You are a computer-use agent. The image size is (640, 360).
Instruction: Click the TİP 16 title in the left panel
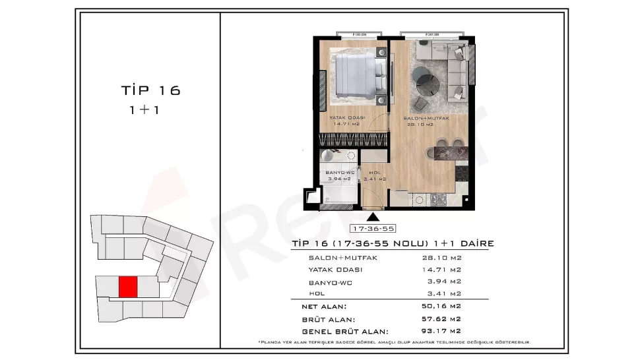(150, 90)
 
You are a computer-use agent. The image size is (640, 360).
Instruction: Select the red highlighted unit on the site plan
(128, 287)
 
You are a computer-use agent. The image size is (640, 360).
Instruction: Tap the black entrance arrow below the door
(373, 216)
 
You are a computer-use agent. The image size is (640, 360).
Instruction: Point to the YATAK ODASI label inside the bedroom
(348, 117)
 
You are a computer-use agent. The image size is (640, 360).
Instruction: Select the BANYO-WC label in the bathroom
(340, 173)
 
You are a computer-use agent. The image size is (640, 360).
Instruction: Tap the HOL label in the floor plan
(373, 173)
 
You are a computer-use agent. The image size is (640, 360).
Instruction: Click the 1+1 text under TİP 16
(144, 110)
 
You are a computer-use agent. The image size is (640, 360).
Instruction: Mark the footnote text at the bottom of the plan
(394, 343)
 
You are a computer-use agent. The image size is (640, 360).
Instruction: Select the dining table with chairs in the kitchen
(446, 152)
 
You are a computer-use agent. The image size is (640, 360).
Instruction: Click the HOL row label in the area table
(317, 293)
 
